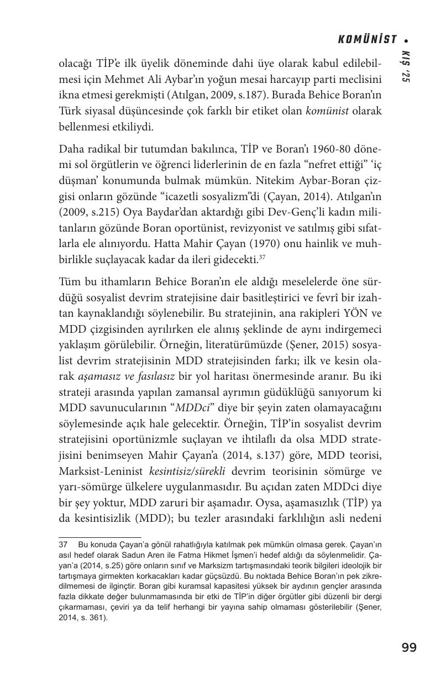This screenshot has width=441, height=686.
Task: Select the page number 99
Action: pos(409,647)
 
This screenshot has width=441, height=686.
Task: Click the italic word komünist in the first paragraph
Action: pos(327,111)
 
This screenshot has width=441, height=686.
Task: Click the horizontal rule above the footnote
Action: pos(100,536)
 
